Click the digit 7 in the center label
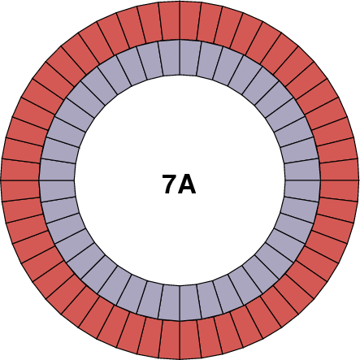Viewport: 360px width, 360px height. point(170,184)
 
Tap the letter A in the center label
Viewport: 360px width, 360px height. point(188,184)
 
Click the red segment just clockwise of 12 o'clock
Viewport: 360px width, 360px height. point(190,21)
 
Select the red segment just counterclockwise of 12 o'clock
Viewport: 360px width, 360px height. point(169,21)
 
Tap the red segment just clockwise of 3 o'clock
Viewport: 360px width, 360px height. point(339,190)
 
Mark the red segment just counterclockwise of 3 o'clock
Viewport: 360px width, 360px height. point(339,169)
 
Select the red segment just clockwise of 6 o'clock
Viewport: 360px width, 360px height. point(169,339)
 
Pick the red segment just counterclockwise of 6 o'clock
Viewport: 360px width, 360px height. point(190,339)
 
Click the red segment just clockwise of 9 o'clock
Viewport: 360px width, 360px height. point(21,169)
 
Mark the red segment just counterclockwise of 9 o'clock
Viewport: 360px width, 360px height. point(21,190)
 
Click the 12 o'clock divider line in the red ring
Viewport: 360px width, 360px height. point(180,20)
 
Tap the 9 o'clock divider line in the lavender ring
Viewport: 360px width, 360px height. point(57,180)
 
